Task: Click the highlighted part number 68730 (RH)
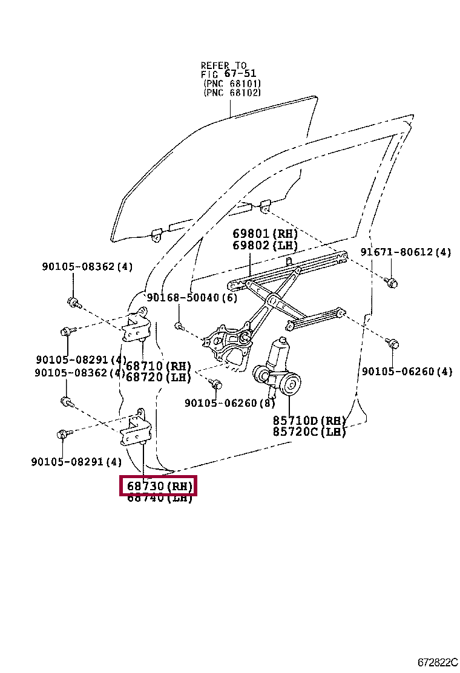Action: coord(159,485)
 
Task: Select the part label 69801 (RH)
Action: coord(265,234)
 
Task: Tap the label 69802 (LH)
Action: coord(265,245)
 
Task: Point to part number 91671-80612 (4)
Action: coord(406,252)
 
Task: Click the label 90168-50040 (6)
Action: coord(192,297)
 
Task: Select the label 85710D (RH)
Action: coord(309,421)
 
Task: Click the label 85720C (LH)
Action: coord(309,432)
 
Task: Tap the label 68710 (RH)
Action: coord(159,366)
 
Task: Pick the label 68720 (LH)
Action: coord(159,377)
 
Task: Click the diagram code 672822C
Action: coord(437,662)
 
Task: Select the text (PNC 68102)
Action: coord(232,93)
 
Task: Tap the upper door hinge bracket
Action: coord(136,327)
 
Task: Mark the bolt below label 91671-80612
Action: coord(391,281)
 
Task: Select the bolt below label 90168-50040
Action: coord(179,326)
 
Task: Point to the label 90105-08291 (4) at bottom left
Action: coord(76,462)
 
